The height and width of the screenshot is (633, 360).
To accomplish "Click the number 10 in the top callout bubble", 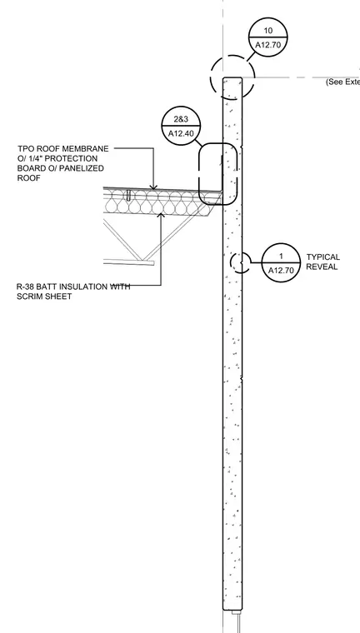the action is click(267, 31).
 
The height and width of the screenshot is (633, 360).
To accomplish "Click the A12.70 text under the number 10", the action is click(267, 45).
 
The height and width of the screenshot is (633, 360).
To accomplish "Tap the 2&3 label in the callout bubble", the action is click(181, 119).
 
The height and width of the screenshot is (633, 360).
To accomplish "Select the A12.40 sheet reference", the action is click(181, 133).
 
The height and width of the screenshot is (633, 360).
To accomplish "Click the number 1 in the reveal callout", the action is click(281, 257).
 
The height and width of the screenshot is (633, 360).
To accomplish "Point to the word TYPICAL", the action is click(322, 257).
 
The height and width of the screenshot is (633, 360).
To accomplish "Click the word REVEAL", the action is click(322, 267).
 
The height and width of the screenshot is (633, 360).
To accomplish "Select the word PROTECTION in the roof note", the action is click(71, 158).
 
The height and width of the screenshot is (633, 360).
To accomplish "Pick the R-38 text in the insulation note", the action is click(26, 287).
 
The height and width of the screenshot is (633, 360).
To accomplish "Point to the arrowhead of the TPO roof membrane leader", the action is click(153, 187).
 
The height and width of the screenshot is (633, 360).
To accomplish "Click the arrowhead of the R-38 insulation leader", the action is click(161, 216).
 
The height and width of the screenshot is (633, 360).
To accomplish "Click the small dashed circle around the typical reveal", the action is click(232, 262).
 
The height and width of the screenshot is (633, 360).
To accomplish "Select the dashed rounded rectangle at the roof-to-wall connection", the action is click(199, 173).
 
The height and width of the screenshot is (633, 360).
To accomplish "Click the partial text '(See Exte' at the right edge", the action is click(342, 82).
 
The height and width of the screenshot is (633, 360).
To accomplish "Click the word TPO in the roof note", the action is click(27, 149).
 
